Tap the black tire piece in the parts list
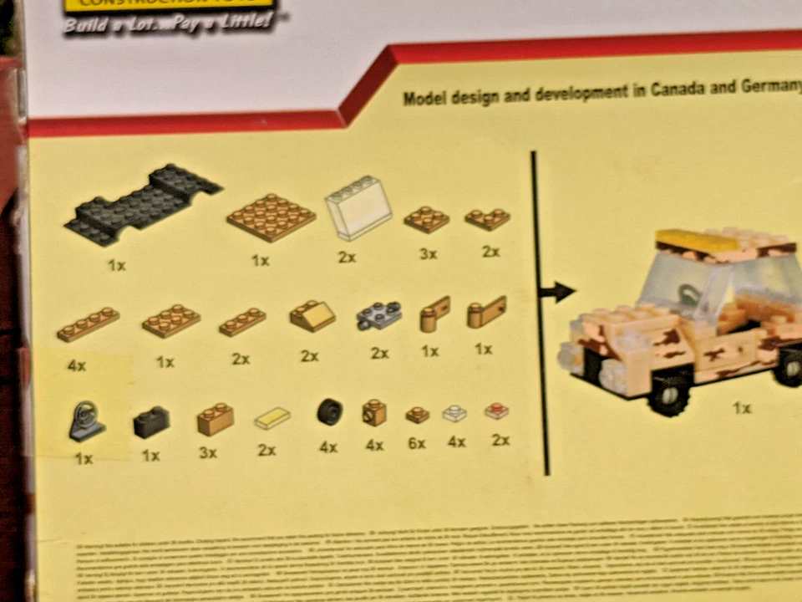click(x=329, y=411)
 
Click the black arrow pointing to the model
click(x=557, y=292)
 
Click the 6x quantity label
click(x=417, y=444)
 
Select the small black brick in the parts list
click(x=151, y=424)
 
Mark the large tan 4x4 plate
click(x=271, y=217)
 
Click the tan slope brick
click(x=312, y=316)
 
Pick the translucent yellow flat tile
click(x=272, y=417)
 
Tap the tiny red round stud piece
click(x=497, y=411)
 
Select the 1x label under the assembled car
click(x=742, y=409)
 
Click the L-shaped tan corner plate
click(x=488, y=219)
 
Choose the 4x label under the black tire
click(x=328, y=447)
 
